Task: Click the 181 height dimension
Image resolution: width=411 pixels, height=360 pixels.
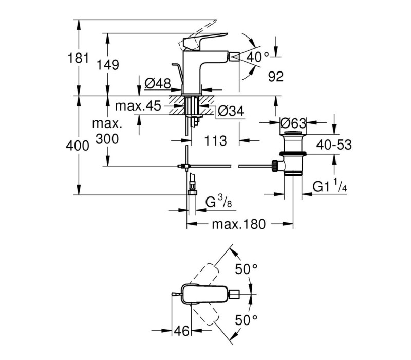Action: coord(79,58)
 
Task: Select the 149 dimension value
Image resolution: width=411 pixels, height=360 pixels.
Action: coord(108,65)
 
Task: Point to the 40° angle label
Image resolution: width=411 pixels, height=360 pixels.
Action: coord(258,57)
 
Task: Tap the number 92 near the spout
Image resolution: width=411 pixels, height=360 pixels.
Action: coord(276,76)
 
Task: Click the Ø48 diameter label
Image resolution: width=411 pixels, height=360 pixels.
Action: coord(158,83)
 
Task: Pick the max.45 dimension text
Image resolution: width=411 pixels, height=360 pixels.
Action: coord(138,106)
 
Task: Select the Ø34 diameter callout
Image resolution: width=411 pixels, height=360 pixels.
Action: coord(231,111)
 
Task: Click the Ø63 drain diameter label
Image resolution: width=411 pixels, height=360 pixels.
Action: coord(293,123)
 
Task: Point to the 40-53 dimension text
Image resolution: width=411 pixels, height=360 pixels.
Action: coord(334,145)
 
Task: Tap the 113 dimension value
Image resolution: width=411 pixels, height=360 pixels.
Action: coord(215,140)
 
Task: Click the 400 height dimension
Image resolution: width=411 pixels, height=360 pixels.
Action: coord(78,146)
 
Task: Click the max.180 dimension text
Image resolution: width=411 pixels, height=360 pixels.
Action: coord(239,224)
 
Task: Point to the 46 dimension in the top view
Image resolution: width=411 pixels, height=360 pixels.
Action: coord(181,331)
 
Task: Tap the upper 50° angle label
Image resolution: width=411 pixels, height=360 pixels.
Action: coord(246,268)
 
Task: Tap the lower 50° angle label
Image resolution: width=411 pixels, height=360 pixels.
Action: coord(246,319)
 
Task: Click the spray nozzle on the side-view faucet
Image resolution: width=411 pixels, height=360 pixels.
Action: coord(234,57)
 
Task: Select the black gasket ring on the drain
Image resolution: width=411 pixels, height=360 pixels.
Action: coord(293,153)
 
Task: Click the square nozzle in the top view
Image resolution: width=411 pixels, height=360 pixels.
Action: coord(235,294)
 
